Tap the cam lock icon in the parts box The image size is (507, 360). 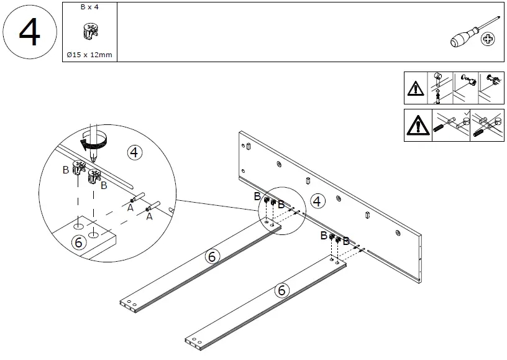click(x=89, y=33)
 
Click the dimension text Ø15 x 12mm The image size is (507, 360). click(x=89, y=55)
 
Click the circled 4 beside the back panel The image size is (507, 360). click(x=317, y=201)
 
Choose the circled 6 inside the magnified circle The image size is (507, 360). click(x=79, y=242)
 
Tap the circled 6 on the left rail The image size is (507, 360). click(x=211, y=256)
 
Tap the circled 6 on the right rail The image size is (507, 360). click(x=281, y=290)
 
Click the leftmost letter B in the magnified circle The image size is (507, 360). click(x=66, y=168)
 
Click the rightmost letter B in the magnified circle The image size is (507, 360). click(x=104, y=185)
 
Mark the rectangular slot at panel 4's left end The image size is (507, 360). click(x=248, y=147)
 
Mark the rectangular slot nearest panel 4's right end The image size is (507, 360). click(x=368, y=215)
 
